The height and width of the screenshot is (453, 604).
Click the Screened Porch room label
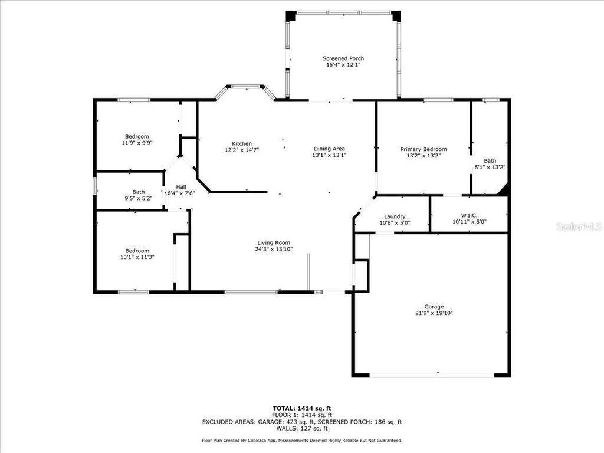tap(343, 58)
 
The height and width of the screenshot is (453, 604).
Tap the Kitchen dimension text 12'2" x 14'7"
tap(242, 150)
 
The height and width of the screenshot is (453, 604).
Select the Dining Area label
tap(329, 149)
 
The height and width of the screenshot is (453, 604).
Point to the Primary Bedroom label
tap(423, 149)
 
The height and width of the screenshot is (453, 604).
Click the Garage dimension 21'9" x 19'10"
tap(434, 313)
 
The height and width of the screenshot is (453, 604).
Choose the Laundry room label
tap(395, 216)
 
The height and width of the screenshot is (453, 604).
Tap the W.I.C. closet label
tap(468, 216)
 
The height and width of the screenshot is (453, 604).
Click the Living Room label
tap(273, 242)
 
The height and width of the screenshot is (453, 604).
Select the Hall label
tap(181, 186)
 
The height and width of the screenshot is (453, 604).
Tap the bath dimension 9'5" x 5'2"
tap(138, 198)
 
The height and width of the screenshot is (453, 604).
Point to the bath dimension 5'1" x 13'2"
tap(490, 168)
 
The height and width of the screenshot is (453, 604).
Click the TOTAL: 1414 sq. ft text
tap(301, 408)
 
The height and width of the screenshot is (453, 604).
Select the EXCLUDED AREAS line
tap(301, 422)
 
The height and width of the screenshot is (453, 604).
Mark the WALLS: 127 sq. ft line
tap(301, 429)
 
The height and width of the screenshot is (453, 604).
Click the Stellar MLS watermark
tap(579, 226)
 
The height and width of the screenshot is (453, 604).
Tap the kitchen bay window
tap(245, 87)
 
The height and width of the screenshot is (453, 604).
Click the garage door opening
tap(432, 374)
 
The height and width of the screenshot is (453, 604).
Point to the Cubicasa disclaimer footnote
tap(301, 441)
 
